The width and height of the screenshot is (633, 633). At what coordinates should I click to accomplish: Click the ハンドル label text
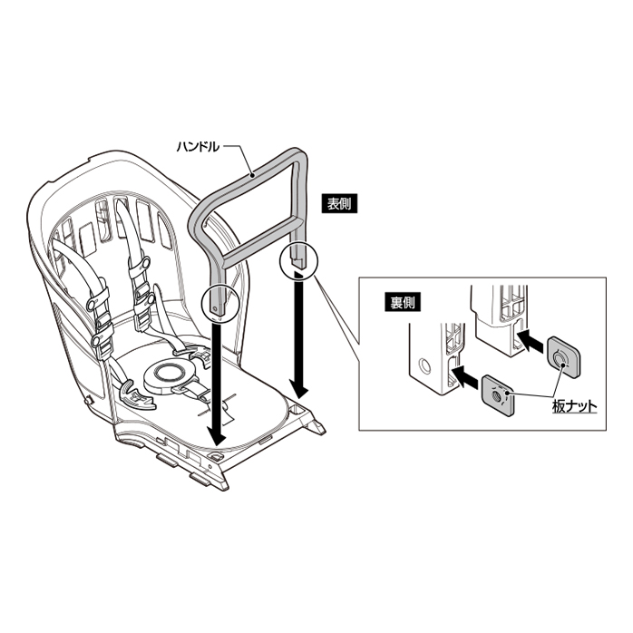click(x=198, y=147)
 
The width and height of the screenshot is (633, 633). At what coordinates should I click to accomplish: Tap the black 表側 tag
click(x=339, y=204)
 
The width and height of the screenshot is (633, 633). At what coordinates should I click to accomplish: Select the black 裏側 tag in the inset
click(x=403, y=303)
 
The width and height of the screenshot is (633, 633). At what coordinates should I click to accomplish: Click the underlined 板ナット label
click(x=574, y=406)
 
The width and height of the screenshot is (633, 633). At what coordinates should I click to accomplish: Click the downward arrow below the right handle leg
click(x=299, y=335)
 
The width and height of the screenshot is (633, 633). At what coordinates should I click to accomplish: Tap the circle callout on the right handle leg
click(x=298, y=261)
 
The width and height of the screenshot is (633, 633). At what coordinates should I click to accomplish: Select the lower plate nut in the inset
click(x=498, y=394)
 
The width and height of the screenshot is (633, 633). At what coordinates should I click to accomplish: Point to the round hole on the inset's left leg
click(x=424, y=366)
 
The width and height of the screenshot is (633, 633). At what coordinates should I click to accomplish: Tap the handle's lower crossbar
click(x=261, y=239)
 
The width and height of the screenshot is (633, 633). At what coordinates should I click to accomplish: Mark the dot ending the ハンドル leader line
click(x=252, y=174)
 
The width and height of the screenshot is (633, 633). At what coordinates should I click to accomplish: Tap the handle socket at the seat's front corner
click(x=216, y=456)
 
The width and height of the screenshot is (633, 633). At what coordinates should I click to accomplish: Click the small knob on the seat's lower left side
click(x=86, y=401)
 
